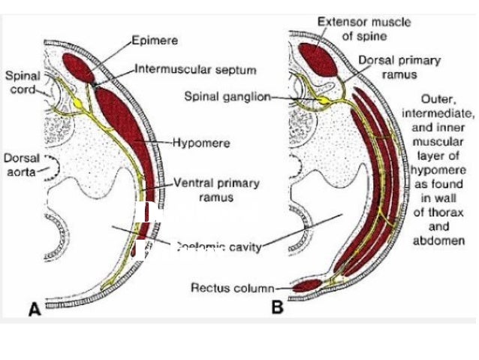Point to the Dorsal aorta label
pos(20,165)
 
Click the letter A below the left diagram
pos(34,309)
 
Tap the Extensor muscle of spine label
pos(364,29)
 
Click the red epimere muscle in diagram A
pos(77,67)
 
